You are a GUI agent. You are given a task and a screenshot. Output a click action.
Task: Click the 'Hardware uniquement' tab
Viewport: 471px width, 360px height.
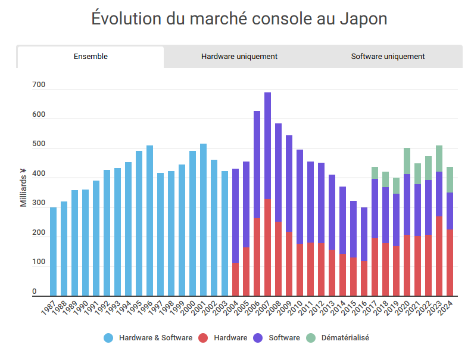click(239, 57)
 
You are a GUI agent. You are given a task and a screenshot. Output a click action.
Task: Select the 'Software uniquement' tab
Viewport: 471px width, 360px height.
click(388, 57)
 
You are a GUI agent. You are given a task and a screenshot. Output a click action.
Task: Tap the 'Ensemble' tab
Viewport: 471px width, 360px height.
click(91, 57)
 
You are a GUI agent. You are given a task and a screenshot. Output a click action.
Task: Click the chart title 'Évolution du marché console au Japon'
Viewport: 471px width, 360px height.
click(239, 18)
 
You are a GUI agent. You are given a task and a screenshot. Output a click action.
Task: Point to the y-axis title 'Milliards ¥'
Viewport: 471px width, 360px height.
click(23, 187)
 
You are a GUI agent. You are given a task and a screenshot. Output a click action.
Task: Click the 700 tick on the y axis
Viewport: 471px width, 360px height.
click(38, 85)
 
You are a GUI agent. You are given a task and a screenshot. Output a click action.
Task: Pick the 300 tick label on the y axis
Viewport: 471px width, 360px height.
click(38, 203)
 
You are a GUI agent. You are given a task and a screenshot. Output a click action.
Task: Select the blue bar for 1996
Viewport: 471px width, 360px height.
click(149, 221)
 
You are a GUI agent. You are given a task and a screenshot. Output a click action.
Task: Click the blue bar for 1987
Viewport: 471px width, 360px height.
click(53, 251)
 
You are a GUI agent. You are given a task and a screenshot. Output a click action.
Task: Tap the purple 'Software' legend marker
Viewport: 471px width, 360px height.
click(260, 338)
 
